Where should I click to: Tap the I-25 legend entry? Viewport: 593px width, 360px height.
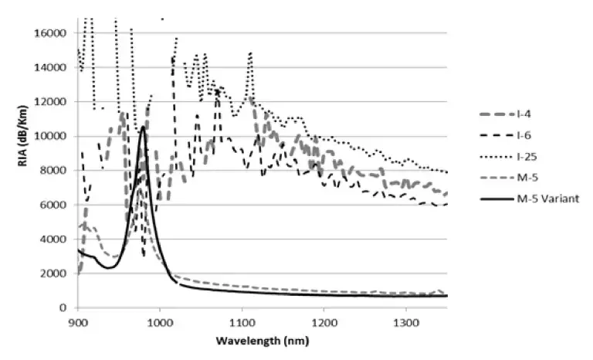[x=528, y=156]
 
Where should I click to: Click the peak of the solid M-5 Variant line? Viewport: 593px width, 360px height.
[x=142, y=127]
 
